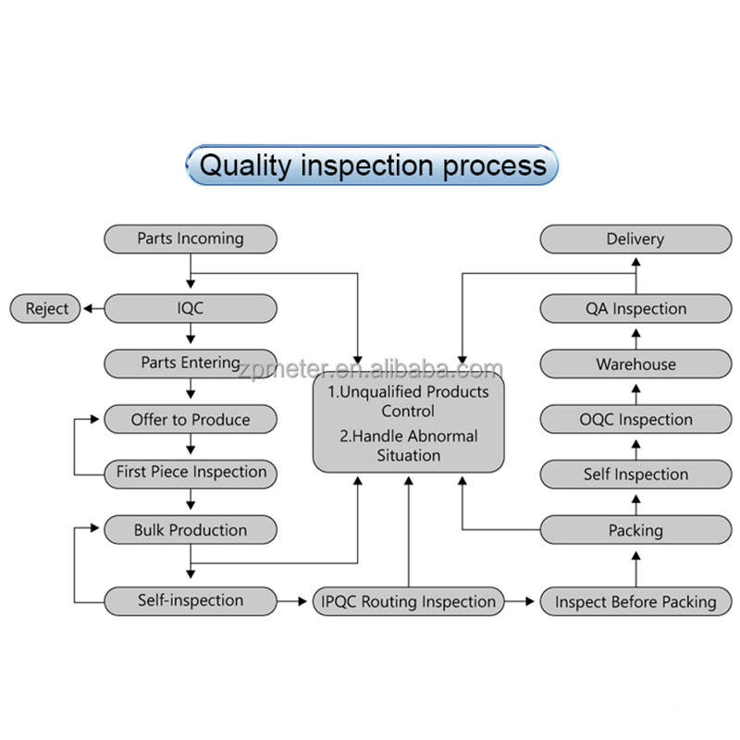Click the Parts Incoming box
[190, 239]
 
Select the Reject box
[46, 308]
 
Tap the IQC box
[190, 308]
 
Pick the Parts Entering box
[190, 364]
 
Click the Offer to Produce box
[190, 419]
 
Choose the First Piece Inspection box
[190, 472]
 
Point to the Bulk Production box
[190, 530]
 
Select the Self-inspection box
[190, 600]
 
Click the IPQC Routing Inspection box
[409, 601]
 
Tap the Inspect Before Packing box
[635, 601]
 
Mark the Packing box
[635, 530]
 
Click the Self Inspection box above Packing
[635, 475]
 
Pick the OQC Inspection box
[635, 419]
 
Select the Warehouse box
[635, 364]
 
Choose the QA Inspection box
[635, 308]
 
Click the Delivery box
[635, 239]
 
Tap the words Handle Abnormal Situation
[409, 445]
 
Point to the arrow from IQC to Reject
[92, 308]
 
